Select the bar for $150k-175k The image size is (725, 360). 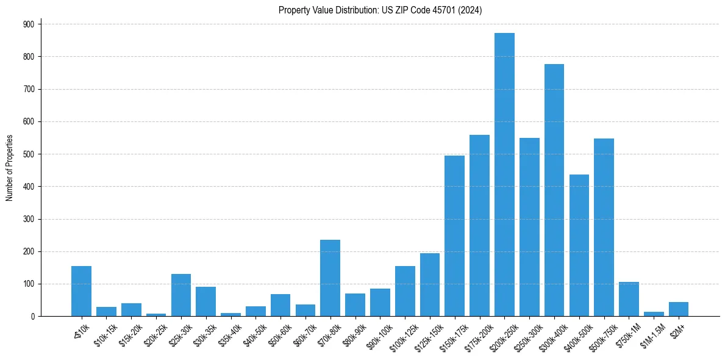tap(454, 236)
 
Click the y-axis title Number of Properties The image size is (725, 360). tap(9, 168)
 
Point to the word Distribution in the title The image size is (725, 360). tap(351, 10)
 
